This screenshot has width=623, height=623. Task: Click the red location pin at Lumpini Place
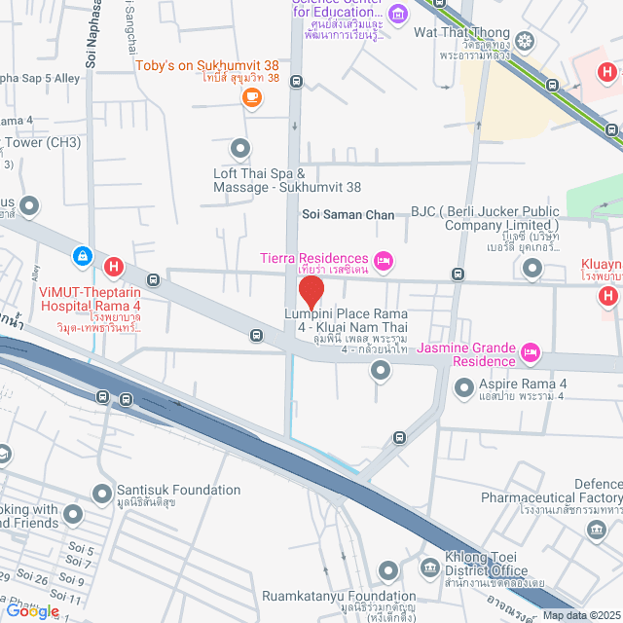pos(311,291)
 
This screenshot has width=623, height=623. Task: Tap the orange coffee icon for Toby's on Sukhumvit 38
pos(252,95)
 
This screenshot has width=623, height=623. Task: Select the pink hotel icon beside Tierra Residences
pos(384,259)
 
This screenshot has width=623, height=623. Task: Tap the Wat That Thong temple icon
pos(526,41)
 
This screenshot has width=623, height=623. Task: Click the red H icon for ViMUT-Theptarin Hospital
pos(114,266)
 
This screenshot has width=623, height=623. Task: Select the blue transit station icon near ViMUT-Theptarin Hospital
pos(85,256)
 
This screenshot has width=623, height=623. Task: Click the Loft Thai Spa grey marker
pos(239,148)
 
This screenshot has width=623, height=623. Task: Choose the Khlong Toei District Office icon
pos(429,567)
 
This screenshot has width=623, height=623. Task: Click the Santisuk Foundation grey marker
pos(102,494)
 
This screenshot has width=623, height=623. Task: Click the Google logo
pos(32,610)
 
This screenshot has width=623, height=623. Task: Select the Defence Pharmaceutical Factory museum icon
pos(595,529)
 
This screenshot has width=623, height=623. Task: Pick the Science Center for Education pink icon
pos(397,14)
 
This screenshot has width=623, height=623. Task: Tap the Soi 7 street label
pos(81,563)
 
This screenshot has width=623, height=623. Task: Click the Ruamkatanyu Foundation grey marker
pos(388,569)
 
